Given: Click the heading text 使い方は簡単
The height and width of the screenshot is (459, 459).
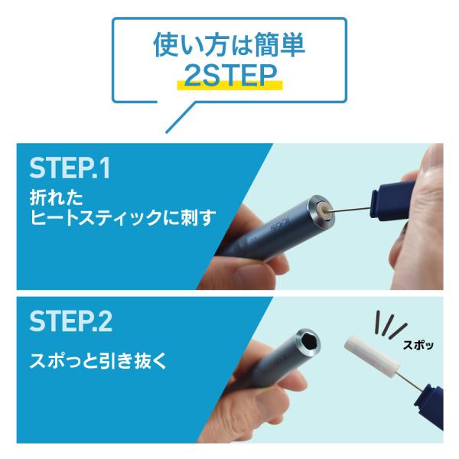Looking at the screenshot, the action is (229, 46).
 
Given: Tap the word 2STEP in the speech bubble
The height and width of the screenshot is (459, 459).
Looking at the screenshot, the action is (230, 76).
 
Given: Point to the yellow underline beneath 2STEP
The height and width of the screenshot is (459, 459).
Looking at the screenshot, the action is (229, 85).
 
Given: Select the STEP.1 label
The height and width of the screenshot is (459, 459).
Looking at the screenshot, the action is (70, 168).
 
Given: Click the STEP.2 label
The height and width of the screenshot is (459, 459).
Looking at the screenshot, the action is (70, 321).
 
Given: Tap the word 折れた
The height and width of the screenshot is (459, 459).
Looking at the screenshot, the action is (56, 197).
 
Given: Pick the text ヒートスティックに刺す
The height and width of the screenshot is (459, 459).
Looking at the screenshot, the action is (123, 217).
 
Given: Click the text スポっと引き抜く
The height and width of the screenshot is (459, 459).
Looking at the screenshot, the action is (98, 360).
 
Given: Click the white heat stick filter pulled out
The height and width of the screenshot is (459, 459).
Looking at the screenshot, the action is (372, 356).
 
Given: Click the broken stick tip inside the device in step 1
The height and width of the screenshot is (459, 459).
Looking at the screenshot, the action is (326, 209).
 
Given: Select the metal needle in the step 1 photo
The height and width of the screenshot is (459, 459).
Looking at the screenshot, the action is (350, 209).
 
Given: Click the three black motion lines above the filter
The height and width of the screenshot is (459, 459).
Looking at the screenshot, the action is (391, 324).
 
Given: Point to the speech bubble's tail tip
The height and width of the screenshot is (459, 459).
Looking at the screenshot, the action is (166, 132).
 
